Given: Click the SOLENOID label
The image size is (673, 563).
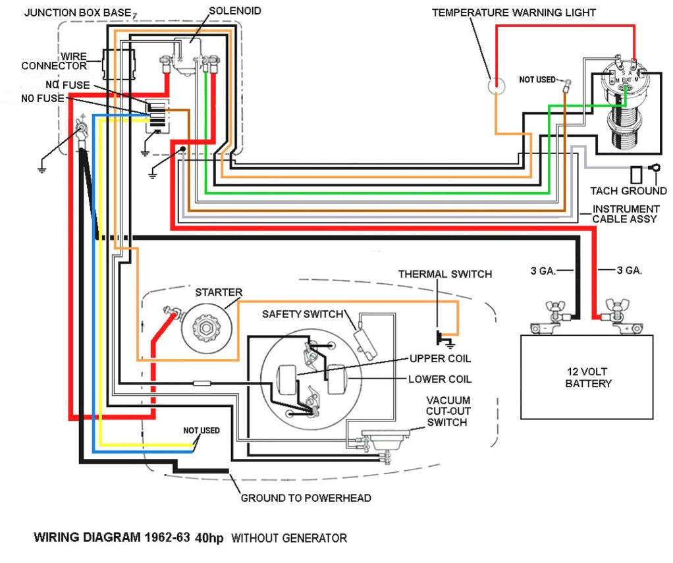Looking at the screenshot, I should click(234, 11).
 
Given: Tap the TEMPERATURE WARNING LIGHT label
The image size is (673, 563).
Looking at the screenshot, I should click(514, 13).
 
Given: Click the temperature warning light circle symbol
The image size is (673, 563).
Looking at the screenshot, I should click(495, 86).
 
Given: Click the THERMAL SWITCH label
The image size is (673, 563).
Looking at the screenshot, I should click(444, 274).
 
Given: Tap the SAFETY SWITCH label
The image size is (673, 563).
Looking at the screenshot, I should click(302, 314).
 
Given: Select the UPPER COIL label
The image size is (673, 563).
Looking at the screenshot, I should click(440, 359).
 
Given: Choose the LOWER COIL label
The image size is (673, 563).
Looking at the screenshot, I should click(439, 379).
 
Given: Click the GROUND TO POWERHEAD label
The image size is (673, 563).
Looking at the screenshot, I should click(306, 498).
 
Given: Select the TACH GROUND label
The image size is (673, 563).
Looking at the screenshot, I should click(628, 191).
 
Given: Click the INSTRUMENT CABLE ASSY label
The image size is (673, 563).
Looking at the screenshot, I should click(625, 214).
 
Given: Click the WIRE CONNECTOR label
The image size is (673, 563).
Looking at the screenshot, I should click(54, 61).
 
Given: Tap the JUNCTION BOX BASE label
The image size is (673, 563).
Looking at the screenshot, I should click(76, 13).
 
